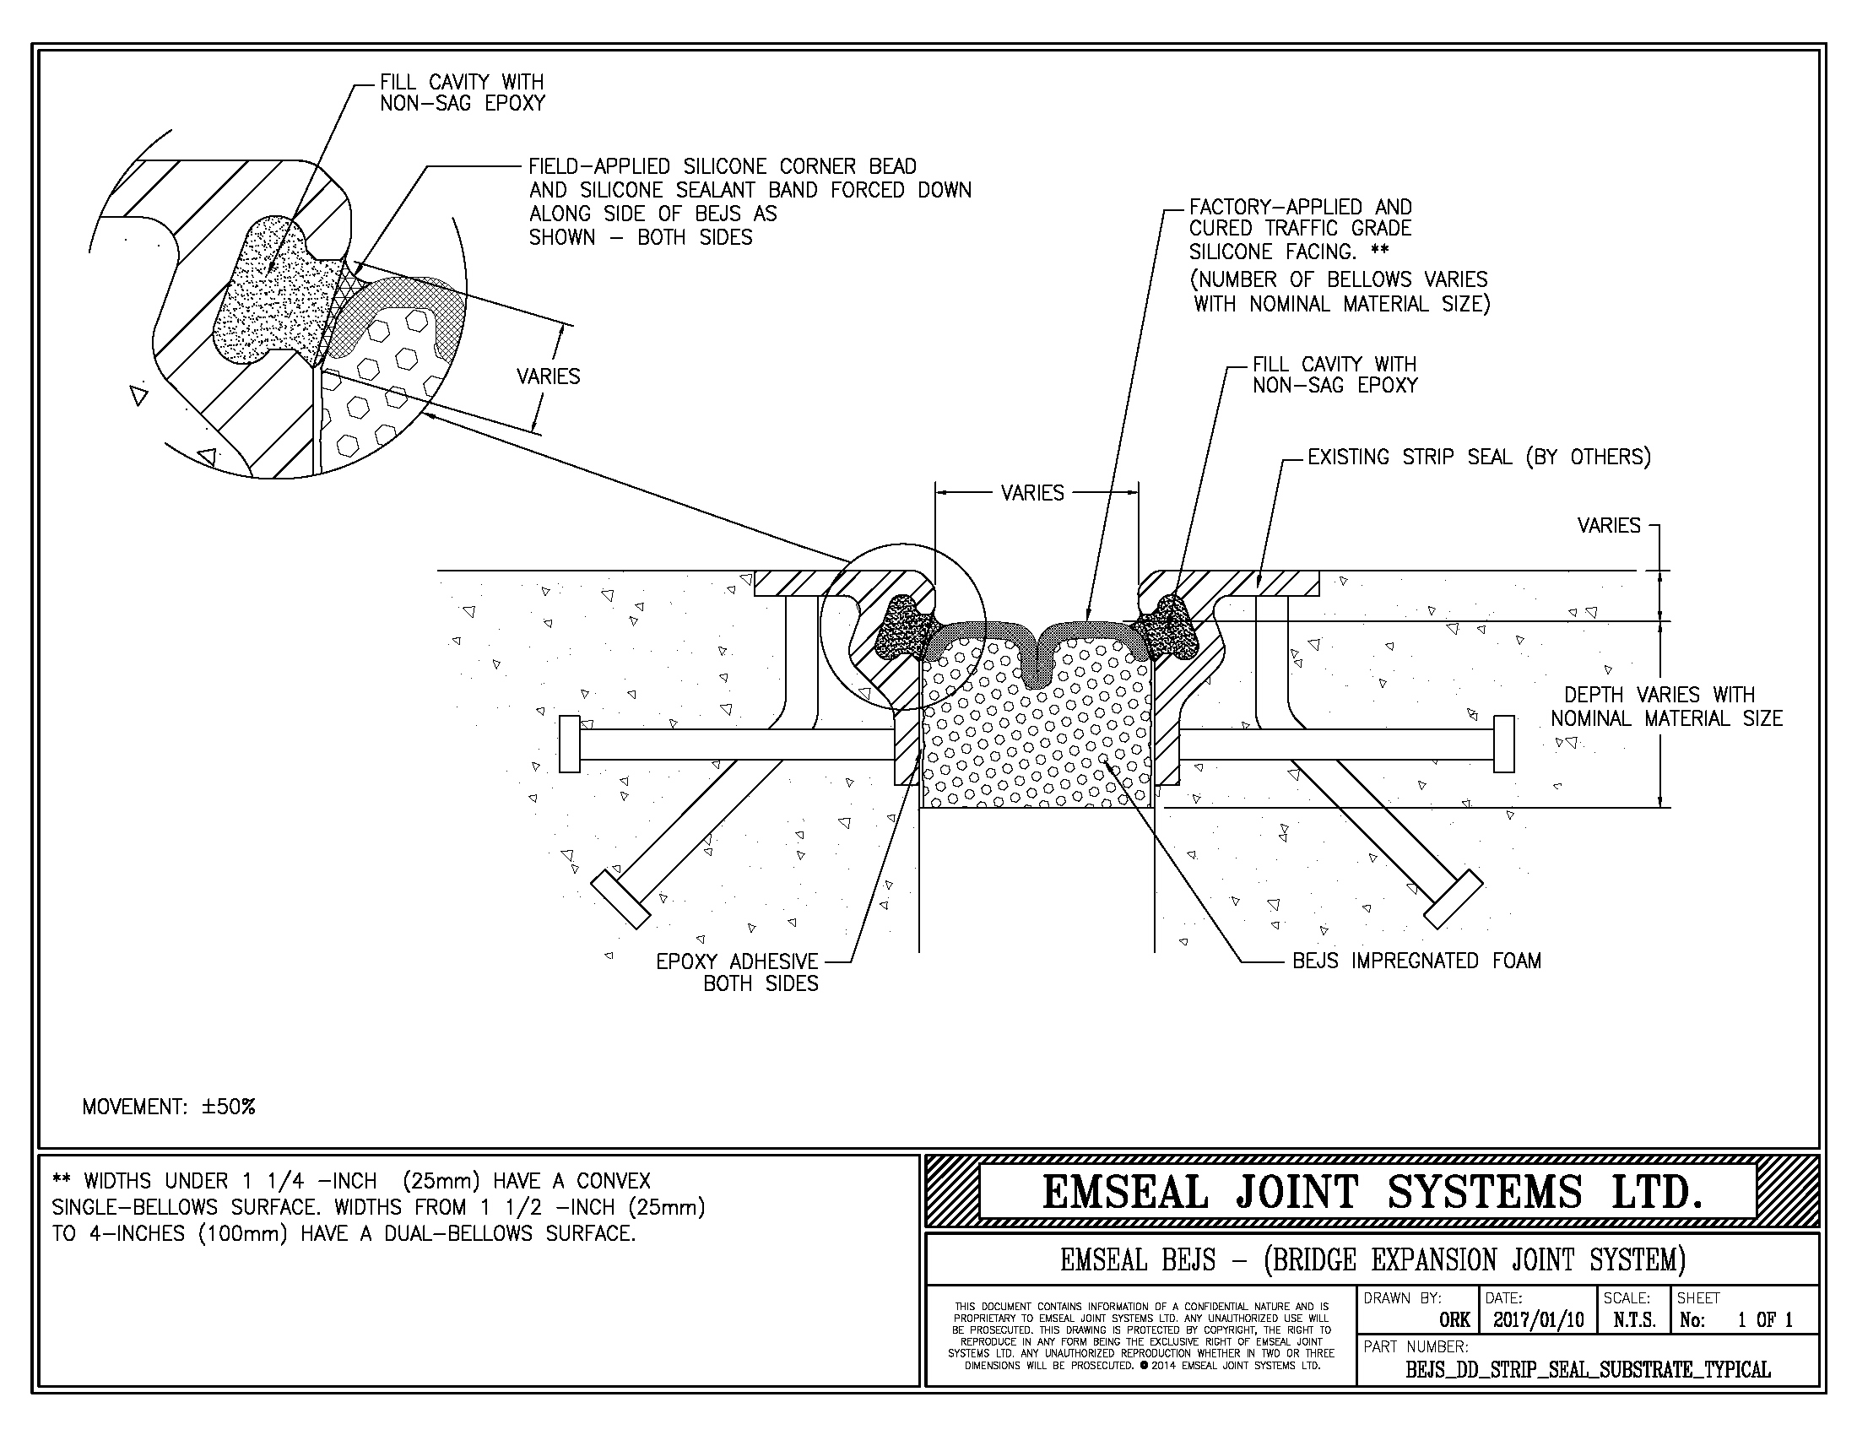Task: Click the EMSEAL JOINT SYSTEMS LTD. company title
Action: click(x=1372, y=1192)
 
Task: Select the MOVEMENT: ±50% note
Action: click(x=168, y=1107)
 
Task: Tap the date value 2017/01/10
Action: click(x=1538, y=1320)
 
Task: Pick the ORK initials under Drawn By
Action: click(x=1454, y=1320)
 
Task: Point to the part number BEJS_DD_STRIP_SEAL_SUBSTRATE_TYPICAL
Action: click(x=1588, y=1369)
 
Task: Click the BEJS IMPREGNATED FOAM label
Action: click(x=1416, y=961)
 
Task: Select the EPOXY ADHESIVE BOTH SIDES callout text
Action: click(x=737, y=972)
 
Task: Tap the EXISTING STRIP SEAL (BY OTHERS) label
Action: click(x=1479, y=458)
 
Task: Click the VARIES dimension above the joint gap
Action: click(x=1032, y=493)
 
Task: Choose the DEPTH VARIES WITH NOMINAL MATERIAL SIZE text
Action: click(x=1665, y=707)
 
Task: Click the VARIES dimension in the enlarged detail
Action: click(x=549, y=376)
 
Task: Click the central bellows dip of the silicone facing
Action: click(x=1037, y=672)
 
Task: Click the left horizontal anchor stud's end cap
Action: click(x=569, y=745)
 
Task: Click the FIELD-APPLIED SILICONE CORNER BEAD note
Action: click(x=748, y=202)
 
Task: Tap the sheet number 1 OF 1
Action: click(x=1764, y=1320)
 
